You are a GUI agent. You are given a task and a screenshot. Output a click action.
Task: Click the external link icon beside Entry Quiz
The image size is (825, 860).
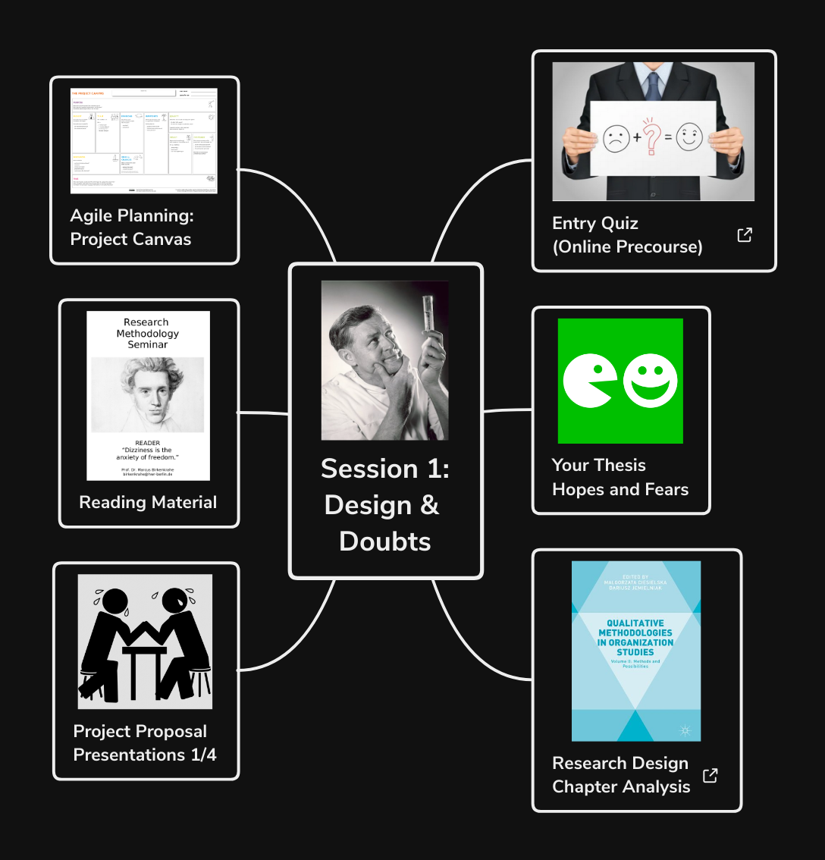pos(745,235)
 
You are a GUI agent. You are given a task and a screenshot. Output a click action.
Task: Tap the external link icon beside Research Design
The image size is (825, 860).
pos(710,776)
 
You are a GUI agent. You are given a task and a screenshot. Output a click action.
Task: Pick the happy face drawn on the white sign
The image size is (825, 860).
pos(689,137)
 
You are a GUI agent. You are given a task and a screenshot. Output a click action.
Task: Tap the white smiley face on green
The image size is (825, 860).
pos(650,380)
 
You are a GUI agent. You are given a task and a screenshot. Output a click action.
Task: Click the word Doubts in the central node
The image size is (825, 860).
pos(385,541)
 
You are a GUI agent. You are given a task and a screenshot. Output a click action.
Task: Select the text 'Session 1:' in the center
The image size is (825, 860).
pos(385,469)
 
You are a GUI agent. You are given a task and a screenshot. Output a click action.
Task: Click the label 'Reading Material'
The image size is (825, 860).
pos(148,502)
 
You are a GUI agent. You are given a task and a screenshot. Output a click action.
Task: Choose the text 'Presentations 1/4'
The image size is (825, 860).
pos(145,755)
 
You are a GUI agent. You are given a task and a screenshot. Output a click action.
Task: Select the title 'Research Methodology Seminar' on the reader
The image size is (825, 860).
pos(147,334)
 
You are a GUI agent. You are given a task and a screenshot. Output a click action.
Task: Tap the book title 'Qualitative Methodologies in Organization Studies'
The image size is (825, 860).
pos(635,638)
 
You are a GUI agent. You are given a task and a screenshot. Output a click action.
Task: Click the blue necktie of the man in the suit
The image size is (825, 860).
pos(653,83)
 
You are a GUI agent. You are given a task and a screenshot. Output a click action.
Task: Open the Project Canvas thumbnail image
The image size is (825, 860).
pos(144,140)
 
